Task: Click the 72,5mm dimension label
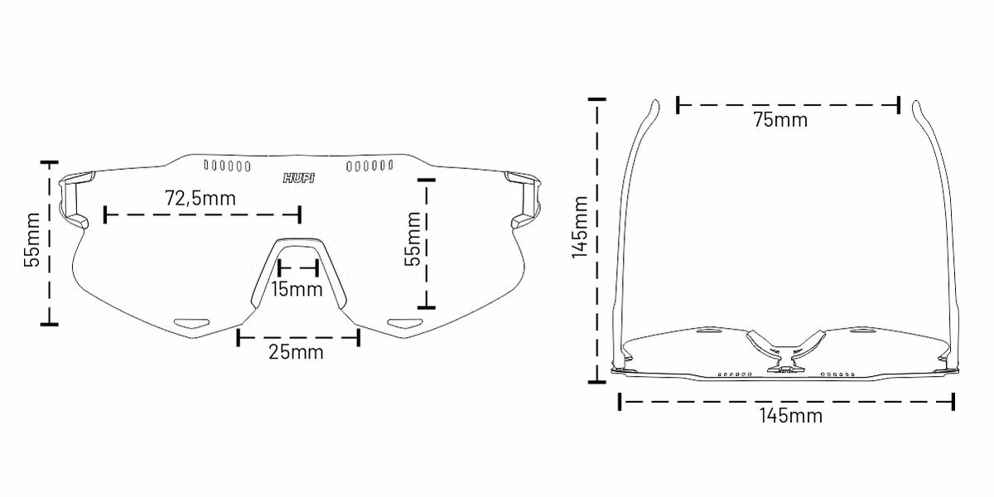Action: click(x=200, y=198)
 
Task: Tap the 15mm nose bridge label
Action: click(x=297, y=289)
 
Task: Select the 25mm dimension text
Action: click(x=296, y=352)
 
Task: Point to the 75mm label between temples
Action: click(x=780, y=120)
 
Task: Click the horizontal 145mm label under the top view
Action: click(x=791, y=416)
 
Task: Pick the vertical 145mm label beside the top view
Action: click(x=580, y=227)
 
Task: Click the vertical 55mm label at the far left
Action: click(x=31, y=239)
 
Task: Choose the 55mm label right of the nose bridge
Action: click(x=413, y=239)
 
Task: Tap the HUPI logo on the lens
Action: click(x=299, y=178)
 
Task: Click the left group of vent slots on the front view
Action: click(x=227, y=166)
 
